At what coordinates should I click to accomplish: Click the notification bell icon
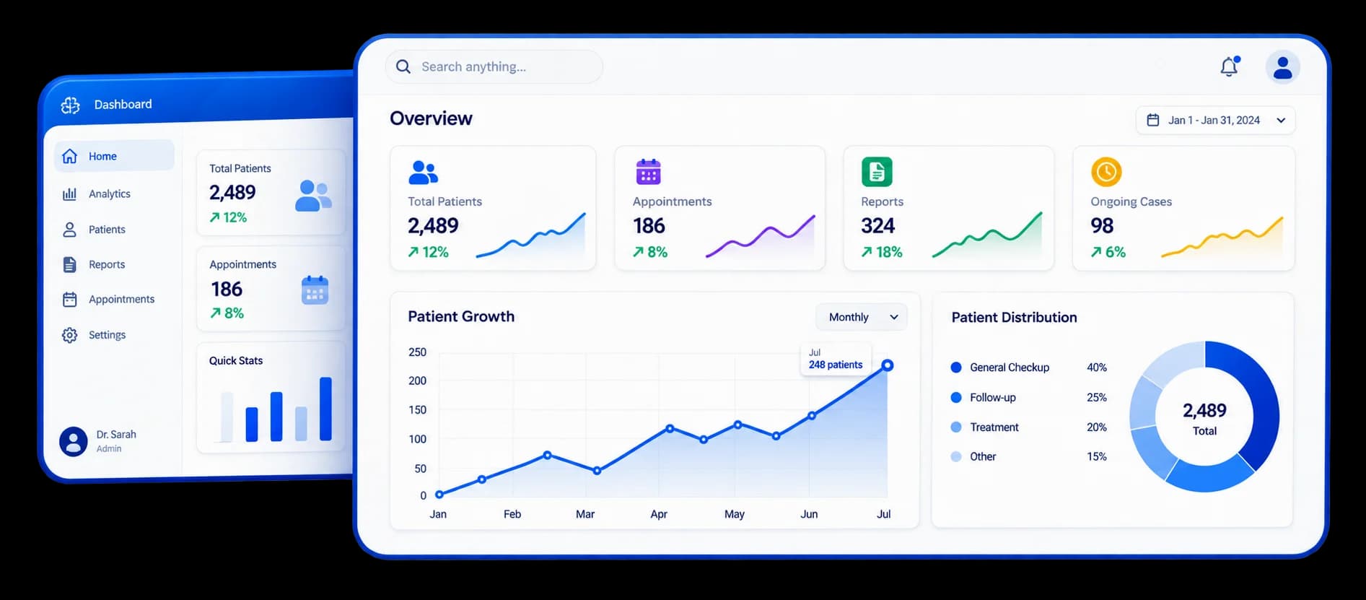tap(1230, 66)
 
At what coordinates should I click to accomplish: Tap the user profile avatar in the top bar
tap(1282, 67)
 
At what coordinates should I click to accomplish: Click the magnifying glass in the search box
tap(403, 66)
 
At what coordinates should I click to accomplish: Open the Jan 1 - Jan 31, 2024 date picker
tap(1215, 120)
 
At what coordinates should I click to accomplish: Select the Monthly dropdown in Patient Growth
tap(862, 317)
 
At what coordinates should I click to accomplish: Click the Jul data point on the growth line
tap(888, 365)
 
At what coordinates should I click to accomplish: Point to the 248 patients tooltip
tap(836, 359)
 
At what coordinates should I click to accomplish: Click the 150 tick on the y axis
tap(417, 409)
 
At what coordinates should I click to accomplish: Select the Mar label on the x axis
tap(585, 514)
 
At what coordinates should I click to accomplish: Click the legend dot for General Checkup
tap(956, 368)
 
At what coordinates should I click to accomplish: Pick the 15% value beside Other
tap(1097, 456)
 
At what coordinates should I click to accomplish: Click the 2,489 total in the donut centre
tap(1204, 410)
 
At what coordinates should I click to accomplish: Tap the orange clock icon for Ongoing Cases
tap(1106, 172)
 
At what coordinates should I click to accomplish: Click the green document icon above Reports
tap(877, 172)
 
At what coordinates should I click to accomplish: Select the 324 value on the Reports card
tap(877, 226)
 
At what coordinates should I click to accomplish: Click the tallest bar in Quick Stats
tap(325, 409)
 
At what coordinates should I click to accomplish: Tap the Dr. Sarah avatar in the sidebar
tap(74, 441)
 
